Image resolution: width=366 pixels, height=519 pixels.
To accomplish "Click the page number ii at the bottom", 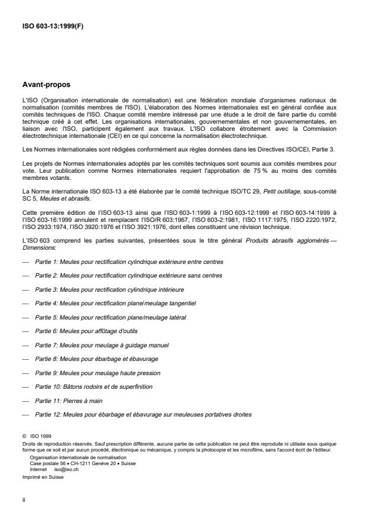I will click(23, 499).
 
